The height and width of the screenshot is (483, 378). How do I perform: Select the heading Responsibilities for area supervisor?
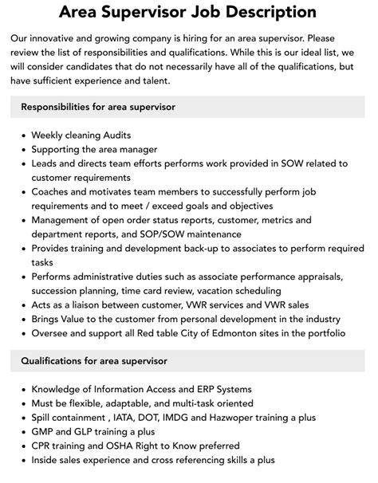98,107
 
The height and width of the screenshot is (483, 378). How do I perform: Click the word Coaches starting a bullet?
52,192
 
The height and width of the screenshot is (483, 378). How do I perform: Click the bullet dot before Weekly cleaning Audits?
21,135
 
